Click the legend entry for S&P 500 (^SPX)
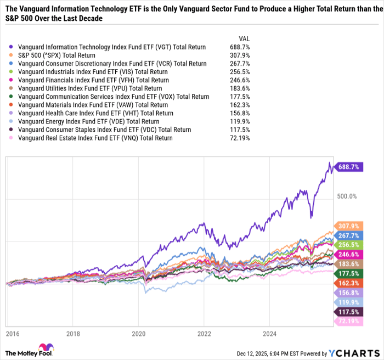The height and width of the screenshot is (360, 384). [57, 55]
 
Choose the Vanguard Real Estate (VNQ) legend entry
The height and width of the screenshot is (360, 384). [95, 138]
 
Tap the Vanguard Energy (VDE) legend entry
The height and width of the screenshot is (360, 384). [88, 121]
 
